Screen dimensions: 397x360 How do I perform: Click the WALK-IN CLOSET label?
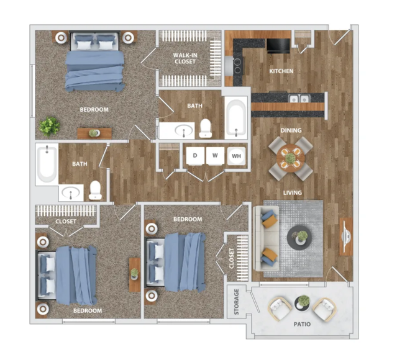click(185, 58)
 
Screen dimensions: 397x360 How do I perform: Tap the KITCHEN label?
click(281, 71)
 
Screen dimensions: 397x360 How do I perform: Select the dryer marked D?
click(195, 156)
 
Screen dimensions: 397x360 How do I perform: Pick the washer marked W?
click(215, 156)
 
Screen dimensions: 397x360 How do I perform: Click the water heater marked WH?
click(237, 156)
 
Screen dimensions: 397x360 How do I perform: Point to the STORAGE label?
click(237, 302)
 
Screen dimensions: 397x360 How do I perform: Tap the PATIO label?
click(302, 324)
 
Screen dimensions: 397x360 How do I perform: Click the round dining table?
click(290, 158)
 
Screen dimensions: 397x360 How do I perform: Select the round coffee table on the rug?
click(299, 238)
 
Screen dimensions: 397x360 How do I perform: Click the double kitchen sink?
click(299, 99)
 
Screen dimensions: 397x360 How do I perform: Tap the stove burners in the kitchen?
click(238, 65)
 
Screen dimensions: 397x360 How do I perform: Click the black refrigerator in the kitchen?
click(278, 45)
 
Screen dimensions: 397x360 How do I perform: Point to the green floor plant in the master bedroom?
click(50, 126)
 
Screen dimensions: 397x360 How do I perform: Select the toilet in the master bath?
click(206, 128)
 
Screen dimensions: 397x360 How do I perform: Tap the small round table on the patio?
click(303, 303)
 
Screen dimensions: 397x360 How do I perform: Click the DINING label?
click(291, 130)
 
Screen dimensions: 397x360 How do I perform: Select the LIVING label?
click(293, 193)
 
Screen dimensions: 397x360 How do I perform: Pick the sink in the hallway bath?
click(71, 193)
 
